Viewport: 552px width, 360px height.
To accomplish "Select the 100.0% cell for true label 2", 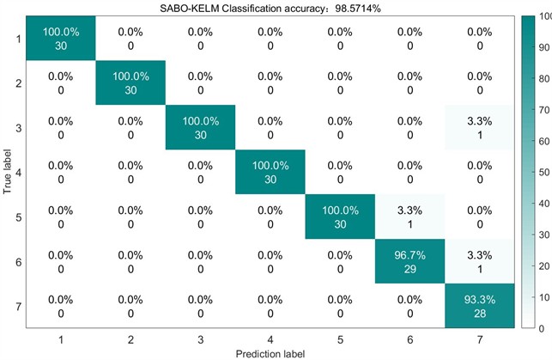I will pyautogui.click(x=130, y=83).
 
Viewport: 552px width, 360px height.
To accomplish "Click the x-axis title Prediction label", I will pyautogui.click(x=270, y=353).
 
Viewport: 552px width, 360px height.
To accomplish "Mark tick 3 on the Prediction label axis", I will pyautogui.click(x=201, y=339).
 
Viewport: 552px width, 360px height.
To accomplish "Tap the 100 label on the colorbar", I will pyautogui.click(x=542, y=16).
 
